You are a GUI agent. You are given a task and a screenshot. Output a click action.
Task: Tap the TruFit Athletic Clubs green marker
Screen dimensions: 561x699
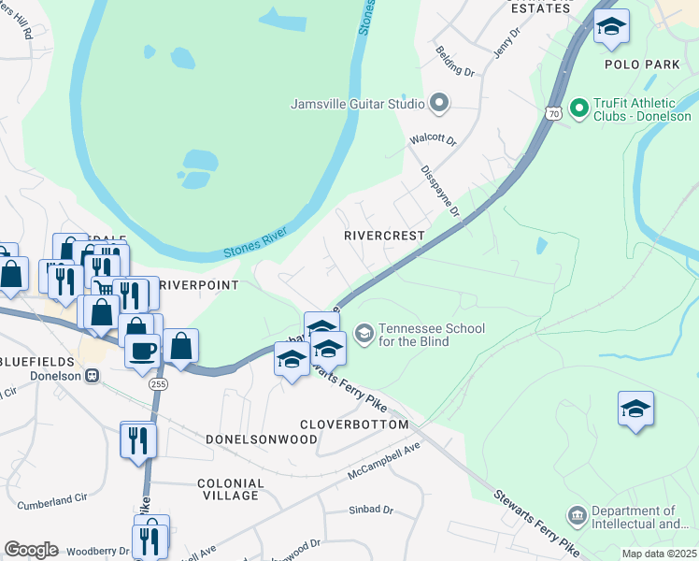point(579,109)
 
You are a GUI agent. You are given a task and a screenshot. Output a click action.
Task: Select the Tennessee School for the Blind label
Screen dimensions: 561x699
point(414,335)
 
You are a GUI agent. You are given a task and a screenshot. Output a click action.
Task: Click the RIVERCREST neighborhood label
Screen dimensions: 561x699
point(384,237)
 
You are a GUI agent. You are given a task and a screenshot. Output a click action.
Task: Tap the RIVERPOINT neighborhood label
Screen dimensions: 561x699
point(199,284)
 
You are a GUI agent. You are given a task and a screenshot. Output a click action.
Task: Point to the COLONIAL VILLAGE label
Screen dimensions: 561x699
point(231,489)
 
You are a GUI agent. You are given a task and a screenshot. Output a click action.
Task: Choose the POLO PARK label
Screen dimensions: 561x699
point(642,65)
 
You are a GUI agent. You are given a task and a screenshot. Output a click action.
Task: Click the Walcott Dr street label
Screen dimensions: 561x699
point(433,141)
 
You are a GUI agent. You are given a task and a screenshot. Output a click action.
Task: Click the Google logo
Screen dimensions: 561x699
point(31,550)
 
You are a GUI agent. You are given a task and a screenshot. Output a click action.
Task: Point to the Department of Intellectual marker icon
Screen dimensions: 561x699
point(577,516)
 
